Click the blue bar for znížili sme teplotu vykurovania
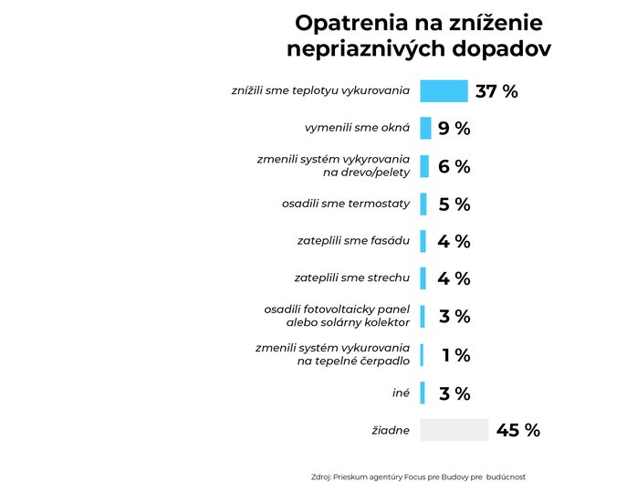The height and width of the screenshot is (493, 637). [444, 91]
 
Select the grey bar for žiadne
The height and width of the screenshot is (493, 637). [454, 430]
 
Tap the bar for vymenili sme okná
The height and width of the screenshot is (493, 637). [425, 129]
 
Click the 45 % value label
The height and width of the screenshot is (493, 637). [517, 430]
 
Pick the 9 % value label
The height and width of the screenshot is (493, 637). [454, 129]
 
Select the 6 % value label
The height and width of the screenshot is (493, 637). [454, 166]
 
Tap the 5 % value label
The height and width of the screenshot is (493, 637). [454, 205]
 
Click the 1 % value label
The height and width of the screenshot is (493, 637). [455, 355]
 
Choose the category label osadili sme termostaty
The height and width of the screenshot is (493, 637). [346, 203]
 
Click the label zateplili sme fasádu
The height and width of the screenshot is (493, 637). [353, 241]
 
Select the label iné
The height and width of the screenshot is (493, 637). [401, 393]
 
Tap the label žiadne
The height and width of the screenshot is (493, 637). [389, 430]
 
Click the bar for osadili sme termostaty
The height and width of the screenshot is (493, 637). [423, 205]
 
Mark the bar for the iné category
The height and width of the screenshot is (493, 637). [423, 393]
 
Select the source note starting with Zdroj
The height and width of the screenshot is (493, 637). [418, 477]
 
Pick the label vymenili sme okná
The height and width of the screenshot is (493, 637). [357, 128]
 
